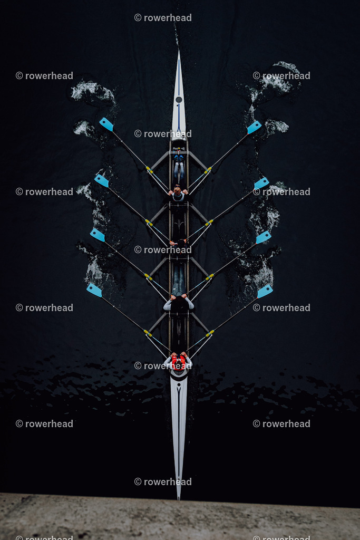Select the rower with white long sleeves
178,303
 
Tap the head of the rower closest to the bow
177,189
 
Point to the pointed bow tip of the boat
179,52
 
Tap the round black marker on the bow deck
179,100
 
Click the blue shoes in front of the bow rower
179,158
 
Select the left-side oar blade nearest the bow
106,124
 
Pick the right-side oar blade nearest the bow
254,127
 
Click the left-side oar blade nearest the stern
94,290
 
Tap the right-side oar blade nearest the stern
265,291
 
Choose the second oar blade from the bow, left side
102,180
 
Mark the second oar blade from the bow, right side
261,183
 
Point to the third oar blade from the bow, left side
98,235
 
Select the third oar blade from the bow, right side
264,237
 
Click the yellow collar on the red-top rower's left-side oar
148,333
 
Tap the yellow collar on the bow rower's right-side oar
208,170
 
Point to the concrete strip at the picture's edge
180,517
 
